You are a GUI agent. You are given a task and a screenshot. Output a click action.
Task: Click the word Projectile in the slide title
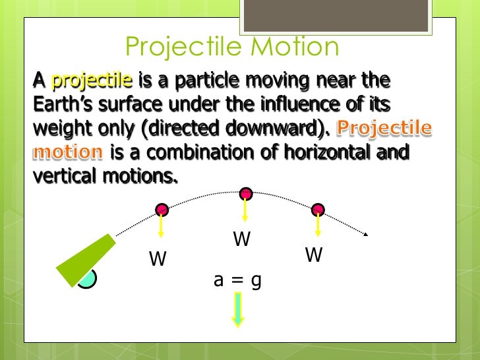175,47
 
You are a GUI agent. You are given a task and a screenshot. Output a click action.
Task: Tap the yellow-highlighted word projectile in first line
92,81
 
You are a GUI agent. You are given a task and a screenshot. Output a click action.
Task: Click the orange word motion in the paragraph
68,152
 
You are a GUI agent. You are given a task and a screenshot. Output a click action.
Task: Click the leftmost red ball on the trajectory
162,210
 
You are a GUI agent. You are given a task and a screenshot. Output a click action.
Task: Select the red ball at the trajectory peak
245,193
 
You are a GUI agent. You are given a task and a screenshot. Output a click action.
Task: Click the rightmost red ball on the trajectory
318,210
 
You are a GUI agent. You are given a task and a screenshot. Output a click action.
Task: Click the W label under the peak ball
242,239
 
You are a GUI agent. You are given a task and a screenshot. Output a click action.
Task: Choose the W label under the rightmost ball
314,255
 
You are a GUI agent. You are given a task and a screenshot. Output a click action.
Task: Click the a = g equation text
238,280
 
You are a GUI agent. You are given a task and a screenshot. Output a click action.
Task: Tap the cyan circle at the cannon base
87,280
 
